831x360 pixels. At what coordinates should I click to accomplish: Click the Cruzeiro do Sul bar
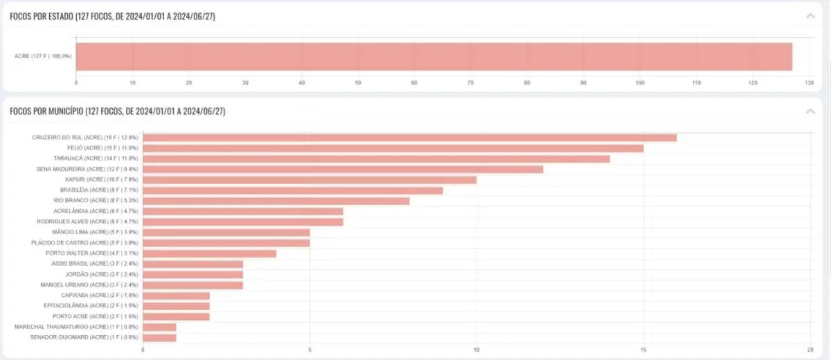409,138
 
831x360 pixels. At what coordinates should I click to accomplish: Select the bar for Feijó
393,148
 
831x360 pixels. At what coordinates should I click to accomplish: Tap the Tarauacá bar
376,159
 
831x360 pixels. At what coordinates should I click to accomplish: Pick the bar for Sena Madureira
343,169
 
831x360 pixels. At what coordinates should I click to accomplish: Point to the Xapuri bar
310,180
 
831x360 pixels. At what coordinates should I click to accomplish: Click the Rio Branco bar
276,201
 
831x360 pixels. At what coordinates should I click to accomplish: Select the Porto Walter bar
209,253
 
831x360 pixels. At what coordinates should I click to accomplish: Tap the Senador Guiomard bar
159,338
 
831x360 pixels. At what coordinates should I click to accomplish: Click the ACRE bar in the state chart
434,56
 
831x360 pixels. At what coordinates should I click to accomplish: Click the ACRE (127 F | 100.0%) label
43,56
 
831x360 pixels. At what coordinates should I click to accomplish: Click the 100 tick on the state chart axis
639,83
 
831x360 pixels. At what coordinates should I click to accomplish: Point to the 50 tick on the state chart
357,83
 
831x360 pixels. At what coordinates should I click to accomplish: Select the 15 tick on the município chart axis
643,350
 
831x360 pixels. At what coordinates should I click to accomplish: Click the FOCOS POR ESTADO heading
112,17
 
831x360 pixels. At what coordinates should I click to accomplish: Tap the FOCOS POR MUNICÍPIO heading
117,111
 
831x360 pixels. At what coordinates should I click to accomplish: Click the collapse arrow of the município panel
810,111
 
